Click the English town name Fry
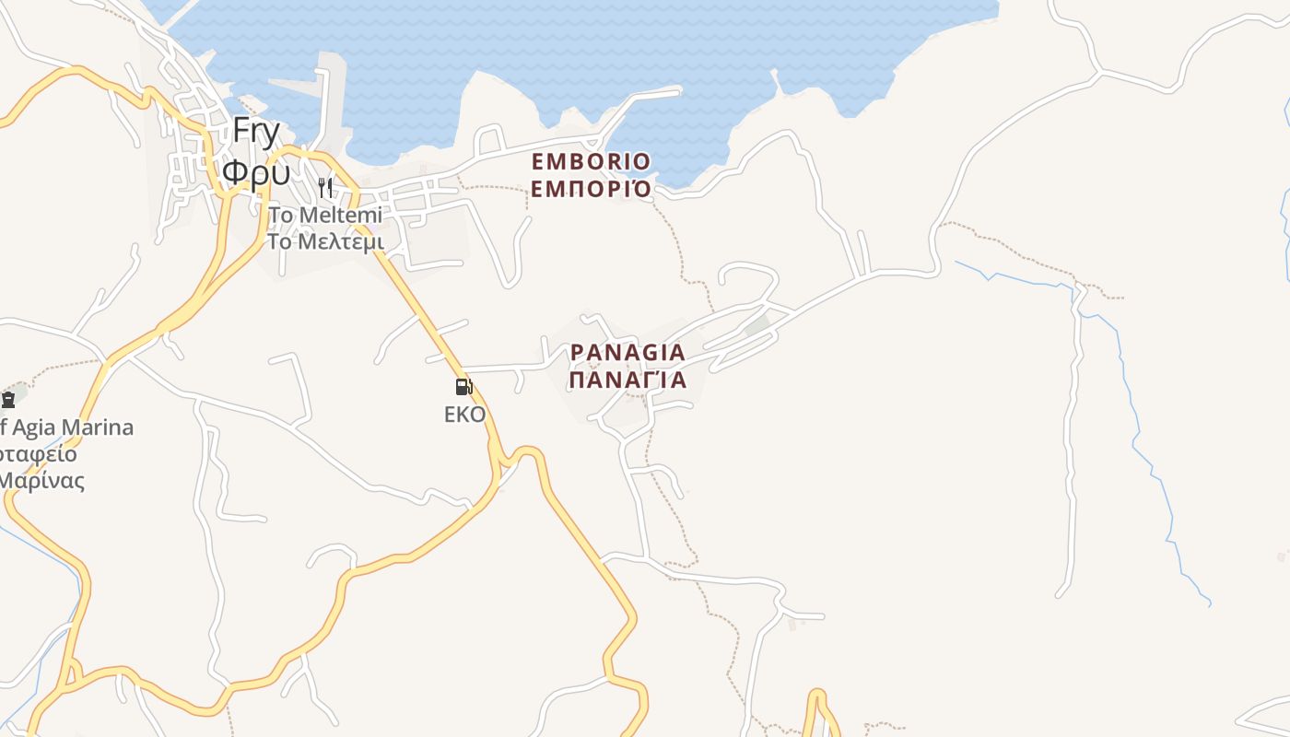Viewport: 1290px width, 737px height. (x=255, y=133)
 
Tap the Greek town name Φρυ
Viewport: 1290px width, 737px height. (x=256, y=172)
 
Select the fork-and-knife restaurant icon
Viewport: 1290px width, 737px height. (x=324, y=188)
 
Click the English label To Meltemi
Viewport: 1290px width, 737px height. (x=324, y=216)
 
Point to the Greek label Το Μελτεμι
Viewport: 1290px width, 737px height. (x=324, y=242)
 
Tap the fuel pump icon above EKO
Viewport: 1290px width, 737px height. (x=463, y=387)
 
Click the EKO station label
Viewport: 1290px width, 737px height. (x=464, y=415)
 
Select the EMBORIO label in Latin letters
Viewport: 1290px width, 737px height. (x=591, y=162)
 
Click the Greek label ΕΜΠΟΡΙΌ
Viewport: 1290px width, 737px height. (x=591, y=190)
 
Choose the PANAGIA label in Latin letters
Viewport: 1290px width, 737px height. (x=627, y=353)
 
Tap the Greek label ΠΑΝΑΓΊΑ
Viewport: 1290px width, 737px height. (x=627, y=380)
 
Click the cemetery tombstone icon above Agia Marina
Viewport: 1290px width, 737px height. (x=8, y=399)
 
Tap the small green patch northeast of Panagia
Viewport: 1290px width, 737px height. (x=757, y=325)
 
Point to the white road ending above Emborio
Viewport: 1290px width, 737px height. (x=677, y=90)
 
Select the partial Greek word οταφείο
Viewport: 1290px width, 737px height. (x=39, y=454)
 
